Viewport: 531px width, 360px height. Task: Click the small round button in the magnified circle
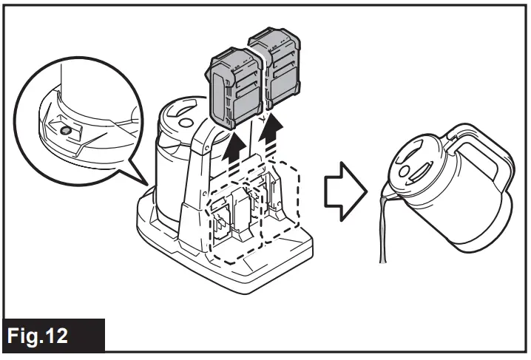[x=65, y=129]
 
